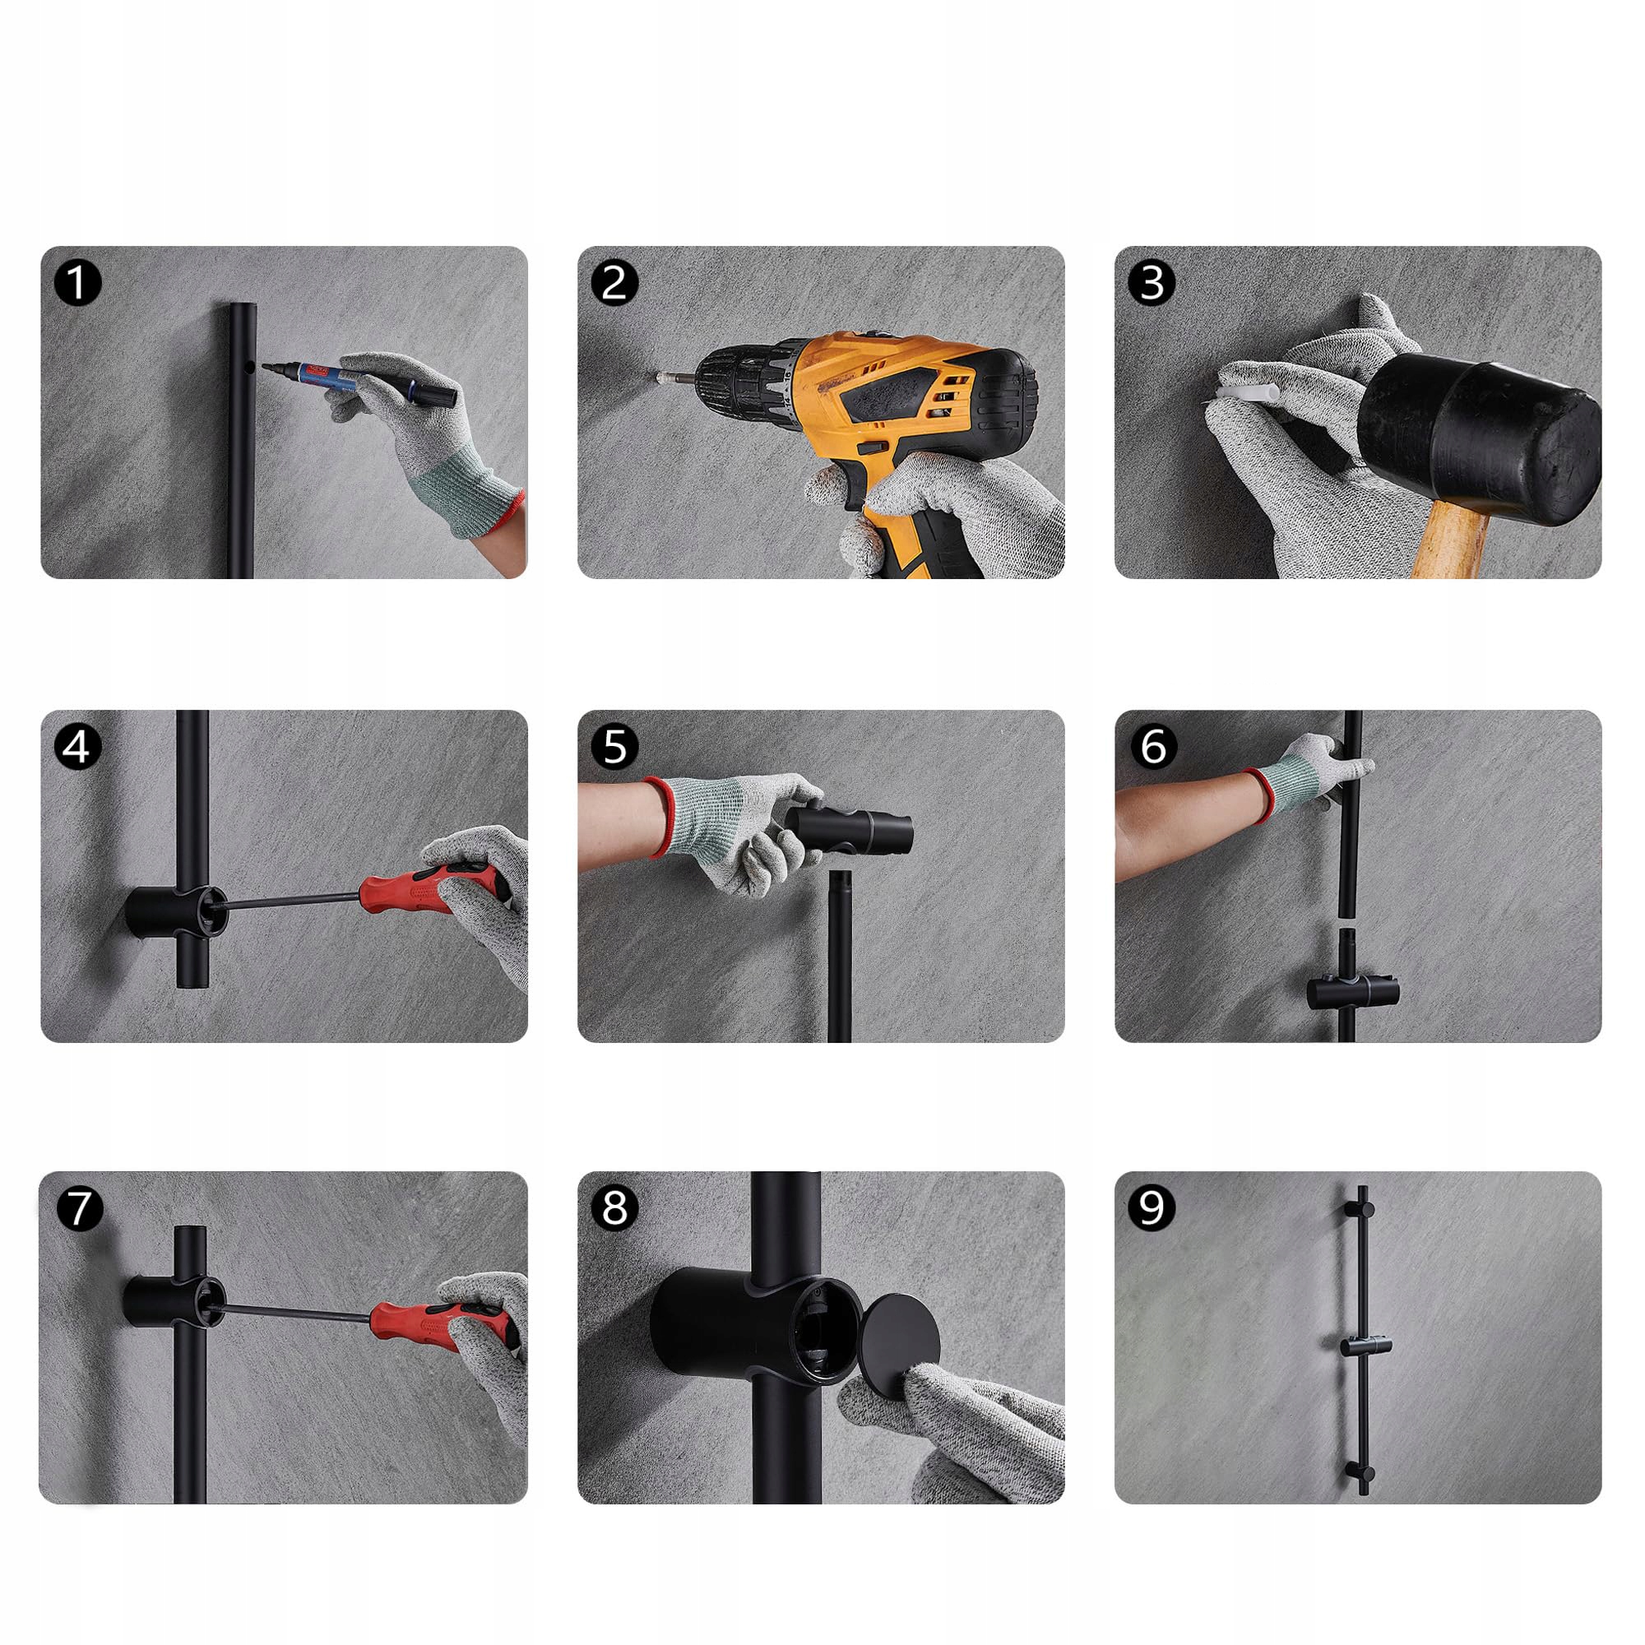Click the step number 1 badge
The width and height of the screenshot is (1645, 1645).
[x=77, y=283]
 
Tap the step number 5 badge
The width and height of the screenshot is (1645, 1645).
[x=614, y=747]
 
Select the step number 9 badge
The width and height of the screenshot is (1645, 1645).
[x=1151, y=1207]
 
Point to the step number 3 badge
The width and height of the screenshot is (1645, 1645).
[x=1151, y=283]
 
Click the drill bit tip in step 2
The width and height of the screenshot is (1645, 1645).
[x=658, y=374]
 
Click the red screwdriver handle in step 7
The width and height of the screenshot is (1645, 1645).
[x=443, y=1325]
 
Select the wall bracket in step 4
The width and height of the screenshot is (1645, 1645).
[x=174, y=912]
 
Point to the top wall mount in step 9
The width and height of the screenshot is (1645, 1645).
[x=1359, y=1210]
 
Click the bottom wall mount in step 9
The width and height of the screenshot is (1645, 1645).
[x=1360, y=1474]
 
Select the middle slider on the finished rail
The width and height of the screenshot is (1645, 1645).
[x=1365, y=1347]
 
